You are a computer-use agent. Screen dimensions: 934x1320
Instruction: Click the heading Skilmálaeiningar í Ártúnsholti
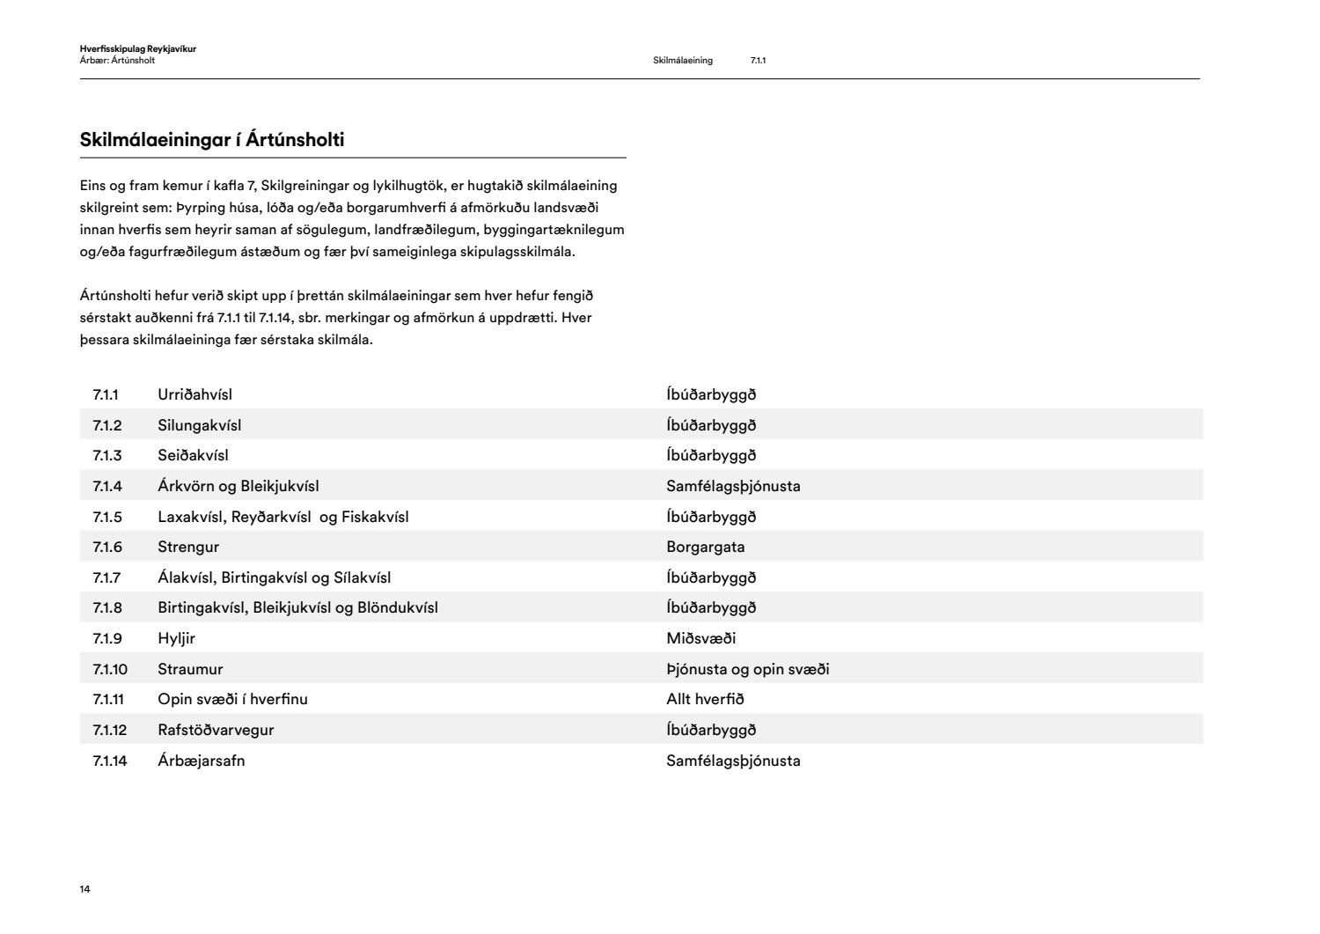(211, 140)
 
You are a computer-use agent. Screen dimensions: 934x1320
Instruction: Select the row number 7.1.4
(107, 486)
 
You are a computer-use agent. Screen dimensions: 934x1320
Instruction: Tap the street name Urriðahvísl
(194, 394)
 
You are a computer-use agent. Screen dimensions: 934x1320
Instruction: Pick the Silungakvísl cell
(199, 425)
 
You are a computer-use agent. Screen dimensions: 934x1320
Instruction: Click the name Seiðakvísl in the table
(193, 455)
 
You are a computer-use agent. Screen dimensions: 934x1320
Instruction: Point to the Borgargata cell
(705, 547)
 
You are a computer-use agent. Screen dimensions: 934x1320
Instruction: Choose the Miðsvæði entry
(700, 638)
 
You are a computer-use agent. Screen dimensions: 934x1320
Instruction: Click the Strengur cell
(188, 547)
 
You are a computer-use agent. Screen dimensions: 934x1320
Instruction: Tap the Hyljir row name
(176, 638)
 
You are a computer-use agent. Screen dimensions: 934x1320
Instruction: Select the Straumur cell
(190, 669)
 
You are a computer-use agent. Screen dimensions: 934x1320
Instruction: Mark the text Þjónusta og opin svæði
(747, 669)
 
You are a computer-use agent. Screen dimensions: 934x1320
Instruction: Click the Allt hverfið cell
(705, 699)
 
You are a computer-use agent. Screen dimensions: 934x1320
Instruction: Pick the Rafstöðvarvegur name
(216, 730)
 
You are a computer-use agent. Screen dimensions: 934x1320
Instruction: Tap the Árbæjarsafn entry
(201, 761)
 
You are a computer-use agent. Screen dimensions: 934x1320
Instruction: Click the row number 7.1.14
(110, 761)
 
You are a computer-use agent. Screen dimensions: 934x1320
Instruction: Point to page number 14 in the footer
(84, 889)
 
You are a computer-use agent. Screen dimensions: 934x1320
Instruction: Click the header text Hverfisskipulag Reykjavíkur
(137, 49)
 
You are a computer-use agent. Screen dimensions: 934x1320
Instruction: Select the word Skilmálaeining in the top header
(683, 61)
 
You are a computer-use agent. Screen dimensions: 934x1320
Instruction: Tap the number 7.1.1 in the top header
(758, 61)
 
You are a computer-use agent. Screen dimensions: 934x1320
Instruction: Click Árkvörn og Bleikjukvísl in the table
(238, 486)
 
